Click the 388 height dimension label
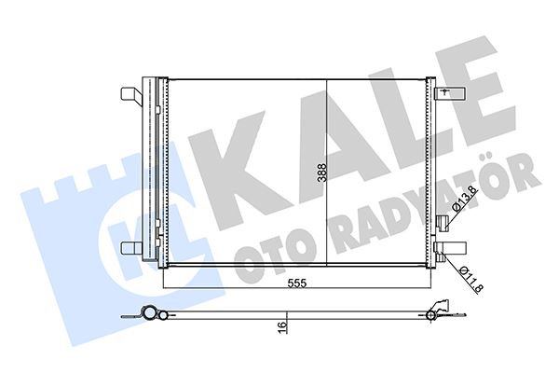[x=320, y=173]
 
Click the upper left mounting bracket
[x=131, y=95]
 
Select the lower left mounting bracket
[x=131, y=248]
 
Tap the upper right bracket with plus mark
[x=447, y=91]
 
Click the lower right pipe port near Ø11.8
[x=443, y=249]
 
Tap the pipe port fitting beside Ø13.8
[x=443, y=220]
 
